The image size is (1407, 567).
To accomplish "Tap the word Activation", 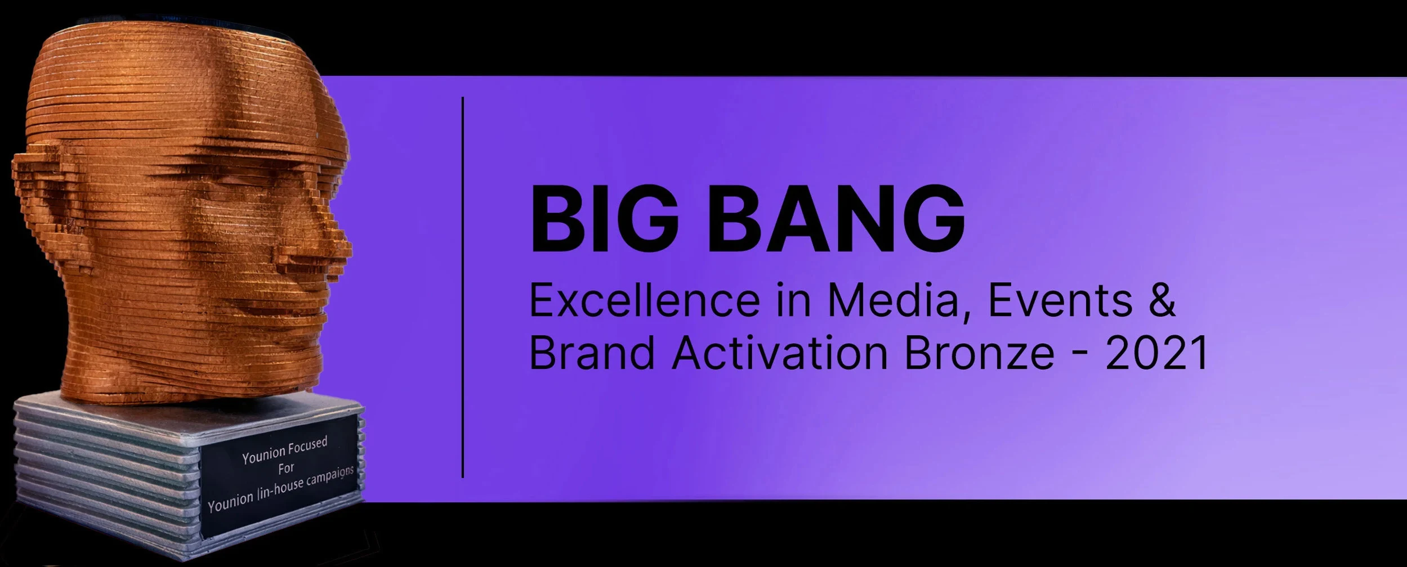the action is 780,353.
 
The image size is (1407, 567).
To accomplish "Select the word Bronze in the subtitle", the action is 980,353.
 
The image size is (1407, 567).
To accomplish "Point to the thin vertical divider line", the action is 463,287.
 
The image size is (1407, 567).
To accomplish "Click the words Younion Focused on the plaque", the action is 285,451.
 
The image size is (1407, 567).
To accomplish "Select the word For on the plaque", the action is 286,469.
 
